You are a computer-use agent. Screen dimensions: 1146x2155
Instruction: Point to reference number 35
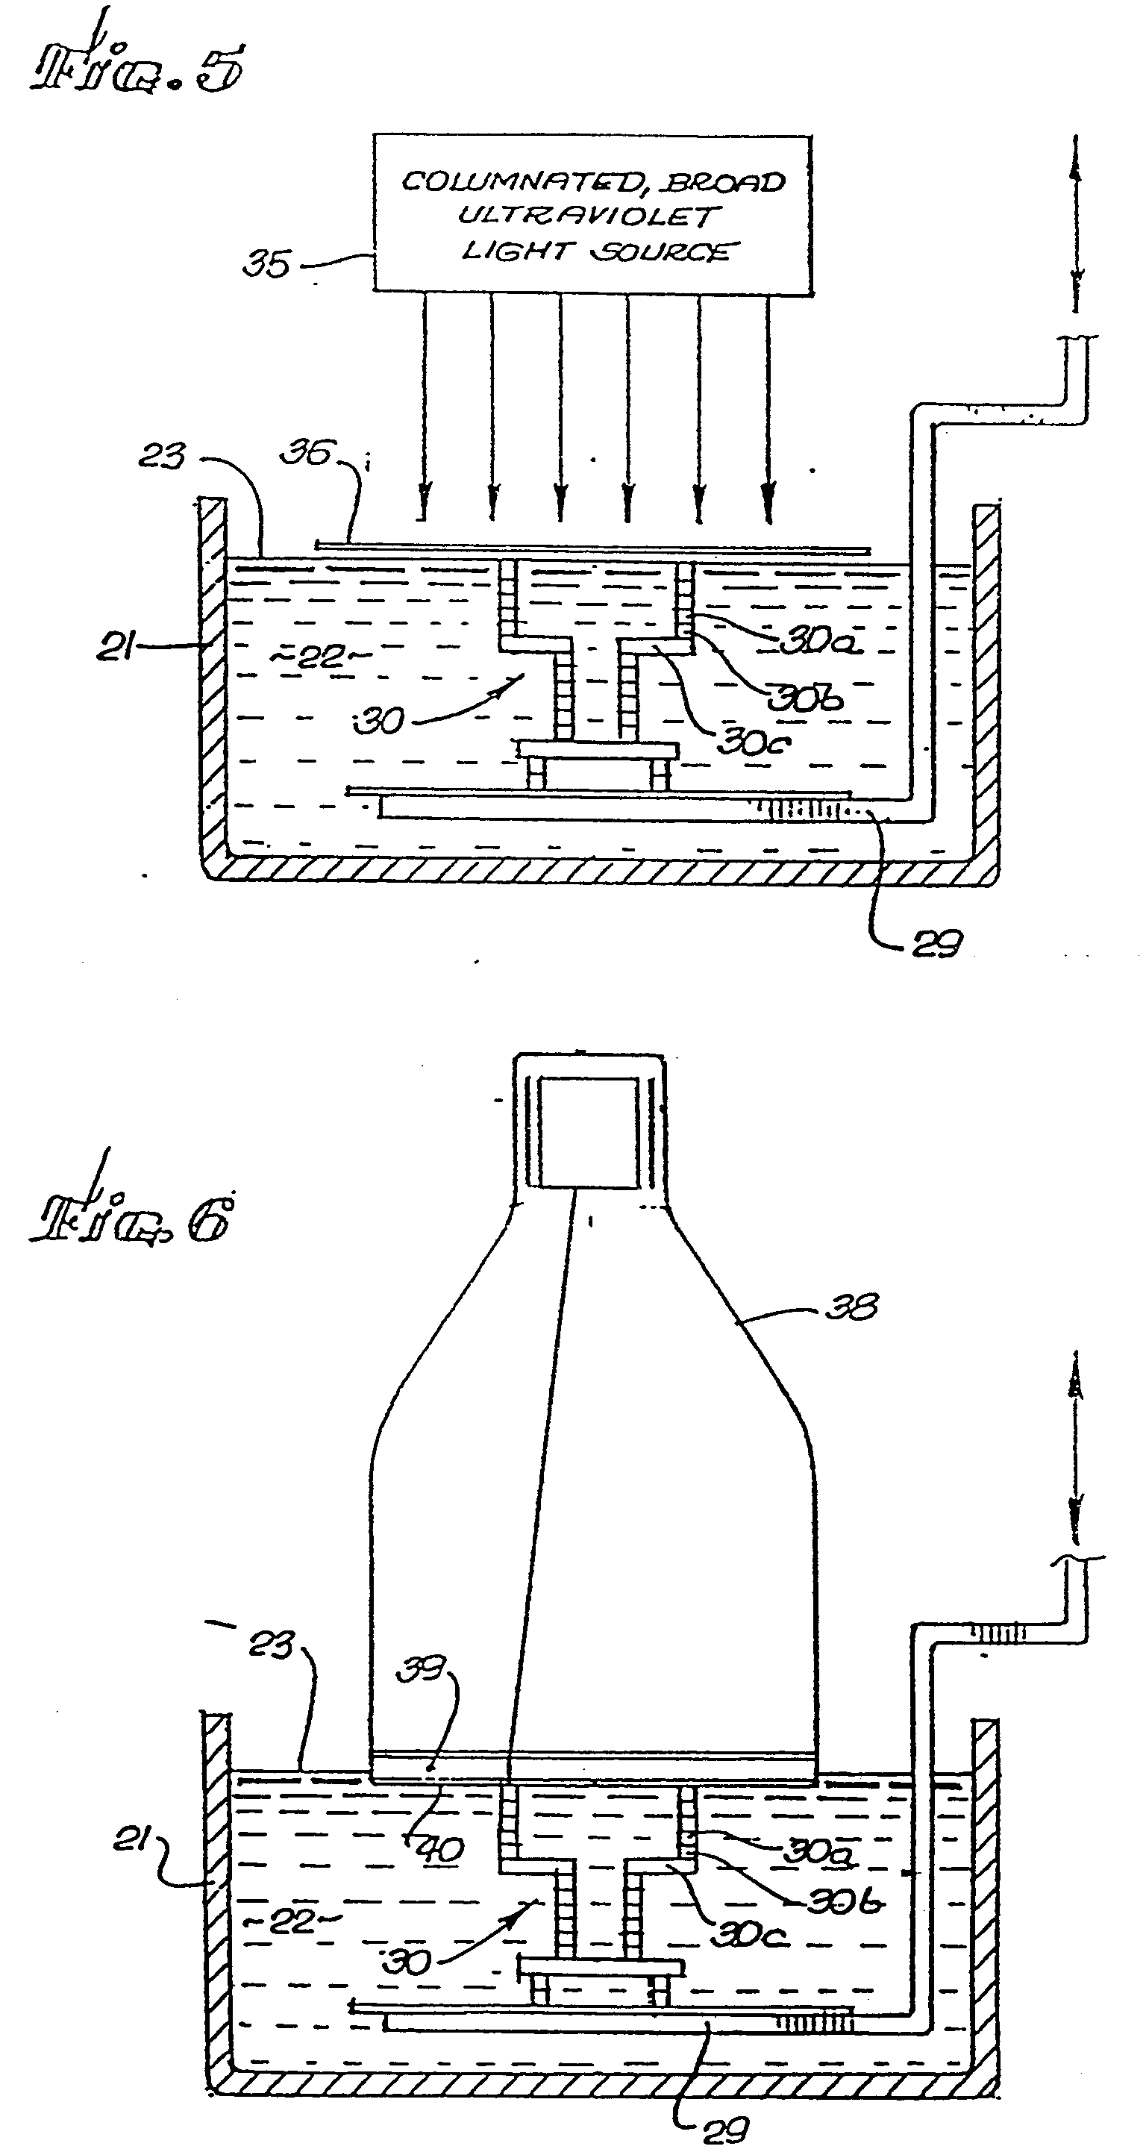click(x=266, y=264)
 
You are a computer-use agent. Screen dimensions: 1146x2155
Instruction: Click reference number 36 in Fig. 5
click(x=306, y=454)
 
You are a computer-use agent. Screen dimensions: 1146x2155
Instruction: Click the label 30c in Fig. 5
click(x=753, y=742)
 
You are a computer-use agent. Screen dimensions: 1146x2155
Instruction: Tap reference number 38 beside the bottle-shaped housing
click(x=851, y=1307)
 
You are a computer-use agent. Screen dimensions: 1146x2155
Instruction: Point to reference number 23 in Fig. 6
click(x=272, y=1645)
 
